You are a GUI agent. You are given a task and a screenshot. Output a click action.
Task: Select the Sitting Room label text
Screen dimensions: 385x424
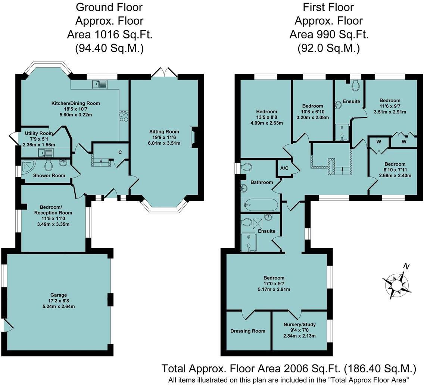click(x=164, y=132)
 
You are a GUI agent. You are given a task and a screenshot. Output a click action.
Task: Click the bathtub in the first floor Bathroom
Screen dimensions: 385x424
click(x=260, y=204)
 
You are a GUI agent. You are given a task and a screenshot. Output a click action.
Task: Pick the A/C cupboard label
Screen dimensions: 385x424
click(x=284, y=168)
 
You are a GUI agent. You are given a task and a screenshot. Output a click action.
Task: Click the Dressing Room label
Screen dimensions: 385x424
click(x=248, y=331)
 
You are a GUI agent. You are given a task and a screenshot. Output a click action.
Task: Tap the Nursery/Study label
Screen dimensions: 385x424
click(x=300, y=324)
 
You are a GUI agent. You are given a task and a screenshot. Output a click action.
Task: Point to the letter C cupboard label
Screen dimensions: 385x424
click(x=120, y=152)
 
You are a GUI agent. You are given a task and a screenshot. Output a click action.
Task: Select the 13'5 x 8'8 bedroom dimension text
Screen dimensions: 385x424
click(x=266, y=117)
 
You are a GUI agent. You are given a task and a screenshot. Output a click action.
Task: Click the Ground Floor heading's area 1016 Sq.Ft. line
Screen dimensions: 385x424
click(x=110, y=34)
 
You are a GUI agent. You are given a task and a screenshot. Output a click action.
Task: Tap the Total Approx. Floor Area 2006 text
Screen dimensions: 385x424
click(x=288, y=369)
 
